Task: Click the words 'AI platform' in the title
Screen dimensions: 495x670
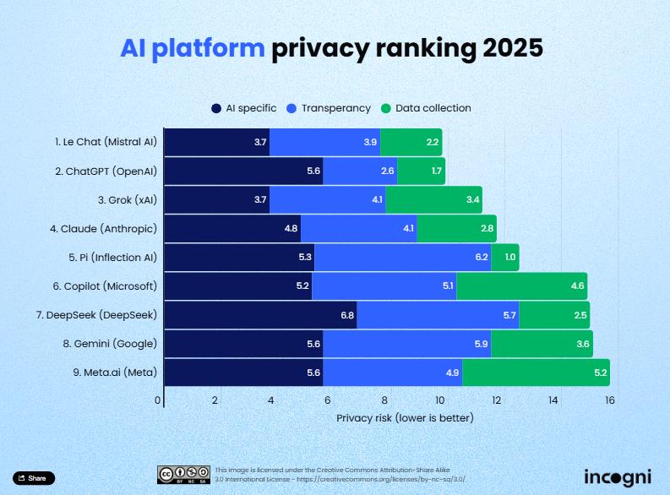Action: click(x=192, y=48)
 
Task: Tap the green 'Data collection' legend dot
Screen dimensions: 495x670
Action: click(x=387, y=108)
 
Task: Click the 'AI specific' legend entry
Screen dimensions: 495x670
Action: click(x=244, y=108)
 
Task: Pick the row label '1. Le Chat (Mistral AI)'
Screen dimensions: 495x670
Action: click(x=106, y=142)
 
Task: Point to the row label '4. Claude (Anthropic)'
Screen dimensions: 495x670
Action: click(x=103, y=228)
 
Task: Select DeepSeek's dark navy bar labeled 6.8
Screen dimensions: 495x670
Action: click(x=259, y=314)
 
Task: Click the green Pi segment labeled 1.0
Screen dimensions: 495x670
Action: click(x=504, y=257)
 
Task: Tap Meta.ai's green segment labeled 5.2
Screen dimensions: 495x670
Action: click(x=535, y=372)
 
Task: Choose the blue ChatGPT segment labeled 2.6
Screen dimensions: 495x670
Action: click(x=360, y=171)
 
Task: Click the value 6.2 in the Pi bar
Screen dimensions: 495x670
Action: click(x=482, y=257)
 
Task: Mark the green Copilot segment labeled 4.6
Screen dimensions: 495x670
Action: click(x=521, y=286)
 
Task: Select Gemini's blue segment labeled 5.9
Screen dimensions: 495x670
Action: click(x=406, y=343)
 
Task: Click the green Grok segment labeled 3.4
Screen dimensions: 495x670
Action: click(x=433, y=199)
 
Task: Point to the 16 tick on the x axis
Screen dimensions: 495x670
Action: click(x=609, y=400)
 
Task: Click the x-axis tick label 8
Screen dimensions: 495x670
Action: click(x=384, y=400)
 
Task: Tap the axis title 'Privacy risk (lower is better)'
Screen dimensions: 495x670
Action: click(x=405, y=417)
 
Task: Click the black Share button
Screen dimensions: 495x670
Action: click(x=34, y=478)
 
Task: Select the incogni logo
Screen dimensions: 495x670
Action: click(x=617, y=476)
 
